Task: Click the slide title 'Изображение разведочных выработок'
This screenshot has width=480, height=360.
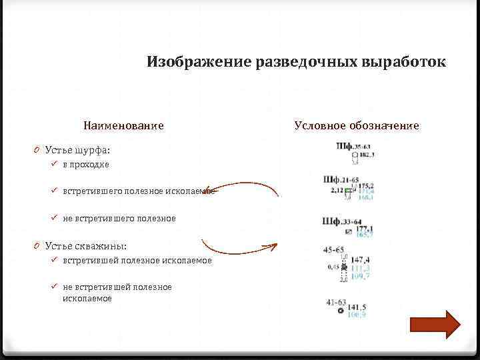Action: click(x=296, y=62)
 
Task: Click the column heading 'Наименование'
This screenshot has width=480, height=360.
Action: click(x=123, y=125)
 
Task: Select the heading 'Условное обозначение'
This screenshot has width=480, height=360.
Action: click(x=357, y=125)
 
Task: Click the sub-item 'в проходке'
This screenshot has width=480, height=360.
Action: click(x=86, y=164)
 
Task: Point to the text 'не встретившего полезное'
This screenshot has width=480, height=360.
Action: click(x=119, y=218)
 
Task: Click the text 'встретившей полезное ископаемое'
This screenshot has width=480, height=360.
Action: click(x=137, y=260)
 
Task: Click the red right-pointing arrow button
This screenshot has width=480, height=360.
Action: click(x=435, y=325)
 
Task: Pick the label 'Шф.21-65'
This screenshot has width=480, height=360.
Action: click(x=341, y=179)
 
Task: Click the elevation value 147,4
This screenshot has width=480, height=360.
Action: click(x=360, y=259)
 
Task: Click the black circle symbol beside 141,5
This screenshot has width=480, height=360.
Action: click(x=341, y=311)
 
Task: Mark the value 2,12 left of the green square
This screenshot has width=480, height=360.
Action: click(x=336, y=190)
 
